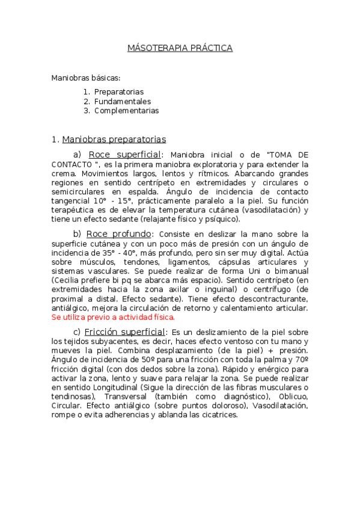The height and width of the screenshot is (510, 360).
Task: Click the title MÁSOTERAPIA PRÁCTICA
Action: point(180,48)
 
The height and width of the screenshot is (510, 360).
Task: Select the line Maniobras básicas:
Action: point(86,78)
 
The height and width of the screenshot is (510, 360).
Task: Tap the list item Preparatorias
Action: point(118,92)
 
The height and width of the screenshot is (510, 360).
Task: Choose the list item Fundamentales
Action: point(122,102)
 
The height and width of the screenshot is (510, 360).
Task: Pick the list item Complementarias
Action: point(126,111)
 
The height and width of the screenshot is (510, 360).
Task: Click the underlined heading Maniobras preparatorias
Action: point(114,140)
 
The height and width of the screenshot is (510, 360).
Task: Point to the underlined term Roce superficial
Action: point(124,155)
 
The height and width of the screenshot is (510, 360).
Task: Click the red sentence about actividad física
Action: point(113,316)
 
